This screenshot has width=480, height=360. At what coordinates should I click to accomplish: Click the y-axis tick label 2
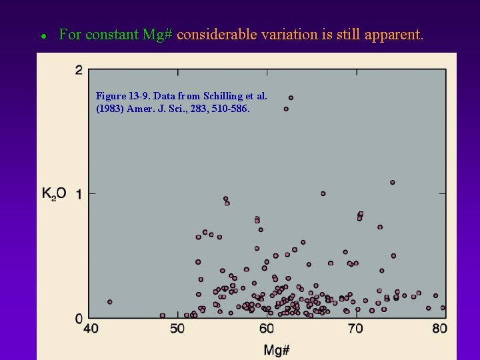coord(79,71)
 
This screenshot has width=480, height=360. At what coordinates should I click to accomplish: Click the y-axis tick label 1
coord(79,194)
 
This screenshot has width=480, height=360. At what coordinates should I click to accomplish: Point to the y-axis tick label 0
coord(79,319)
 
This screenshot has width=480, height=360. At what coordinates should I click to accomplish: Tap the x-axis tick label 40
coord(91,328)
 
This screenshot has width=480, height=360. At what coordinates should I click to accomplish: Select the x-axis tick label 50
coord(177,328)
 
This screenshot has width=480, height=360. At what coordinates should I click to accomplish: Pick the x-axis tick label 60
coord(267,328)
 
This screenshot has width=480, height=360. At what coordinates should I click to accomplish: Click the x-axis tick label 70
coord(355,328)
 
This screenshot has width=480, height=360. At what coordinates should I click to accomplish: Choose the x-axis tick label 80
coord(439,328)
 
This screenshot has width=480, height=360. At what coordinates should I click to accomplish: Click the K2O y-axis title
coord(54,194)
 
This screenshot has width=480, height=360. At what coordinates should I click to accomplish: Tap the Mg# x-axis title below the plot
coord(276,349)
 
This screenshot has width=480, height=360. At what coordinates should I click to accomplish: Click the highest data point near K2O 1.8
coord(291,98)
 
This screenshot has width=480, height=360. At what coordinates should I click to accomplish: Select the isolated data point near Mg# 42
coord(110,302)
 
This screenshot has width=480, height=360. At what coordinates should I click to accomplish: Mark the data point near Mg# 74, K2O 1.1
coord(393,182)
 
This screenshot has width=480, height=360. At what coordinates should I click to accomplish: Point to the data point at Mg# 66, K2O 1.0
coord(323,193)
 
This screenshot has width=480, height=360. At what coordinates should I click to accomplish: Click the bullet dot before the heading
coord(43,36)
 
